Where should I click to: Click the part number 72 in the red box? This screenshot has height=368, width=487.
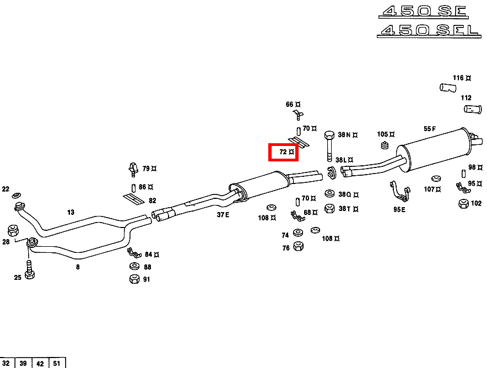[283, 151]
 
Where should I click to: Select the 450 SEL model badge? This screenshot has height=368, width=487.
[428, 30]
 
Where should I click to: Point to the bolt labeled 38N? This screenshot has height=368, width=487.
[329, 145]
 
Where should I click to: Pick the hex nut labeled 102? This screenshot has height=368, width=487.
[463, 204]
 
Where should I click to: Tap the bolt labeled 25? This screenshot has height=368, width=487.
[30, 273]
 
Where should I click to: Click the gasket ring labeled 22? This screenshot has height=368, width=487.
[17, 195]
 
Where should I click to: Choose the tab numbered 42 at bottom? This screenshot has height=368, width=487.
[40, 363]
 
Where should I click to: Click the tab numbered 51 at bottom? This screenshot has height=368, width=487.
[57, 363]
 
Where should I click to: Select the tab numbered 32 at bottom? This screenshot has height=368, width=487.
[7, 363]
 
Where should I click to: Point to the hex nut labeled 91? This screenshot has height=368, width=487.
[134, 279]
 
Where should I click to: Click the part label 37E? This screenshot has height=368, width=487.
[223, 215]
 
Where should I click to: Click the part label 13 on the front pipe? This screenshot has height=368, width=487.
[71, 212]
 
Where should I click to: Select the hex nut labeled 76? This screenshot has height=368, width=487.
[298, 246]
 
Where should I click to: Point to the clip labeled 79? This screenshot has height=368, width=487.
[132, 167]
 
